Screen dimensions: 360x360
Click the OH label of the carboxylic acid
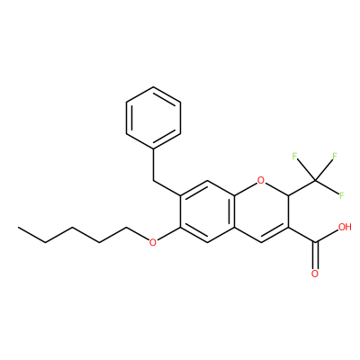tap(345, 227)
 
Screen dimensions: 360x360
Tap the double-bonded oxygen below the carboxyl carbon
tap(315, 274)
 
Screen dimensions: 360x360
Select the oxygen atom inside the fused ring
tap(261, 180)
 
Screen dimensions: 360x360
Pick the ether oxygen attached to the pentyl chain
tap(153, 242)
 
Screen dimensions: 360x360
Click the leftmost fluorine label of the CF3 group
tap(294, 156)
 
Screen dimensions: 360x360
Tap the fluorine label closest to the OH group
tap(341, 195)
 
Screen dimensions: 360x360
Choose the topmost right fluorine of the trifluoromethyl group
tap(335, 156)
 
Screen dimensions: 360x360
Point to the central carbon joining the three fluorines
tap(315, 181)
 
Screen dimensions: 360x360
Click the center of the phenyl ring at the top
tap(153, 118)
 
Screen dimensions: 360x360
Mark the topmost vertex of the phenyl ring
tap(153, 87)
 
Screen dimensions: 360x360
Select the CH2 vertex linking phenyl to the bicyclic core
tap(153, 181)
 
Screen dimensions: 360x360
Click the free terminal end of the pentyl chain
tap(19, 227)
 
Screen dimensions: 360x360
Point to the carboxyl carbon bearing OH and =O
tap(315, 242)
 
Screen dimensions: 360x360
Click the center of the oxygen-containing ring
tap(261, 211)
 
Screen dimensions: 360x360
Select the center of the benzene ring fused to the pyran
tap(207, 211)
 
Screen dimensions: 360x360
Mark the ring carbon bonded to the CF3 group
tap(288, 196)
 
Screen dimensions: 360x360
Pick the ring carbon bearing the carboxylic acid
tap(288, 227)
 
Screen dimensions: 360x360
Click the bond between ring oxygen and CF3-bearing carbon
tap(276, 189)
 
